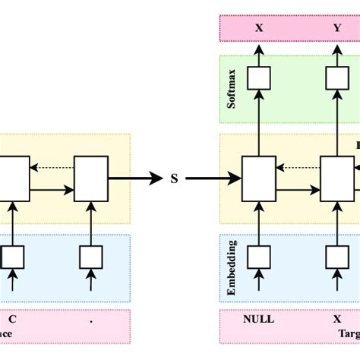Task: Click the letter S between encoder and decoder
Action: point(174,179)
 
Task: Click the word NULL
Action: point(257,320)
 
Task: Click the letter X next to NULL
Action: point(336,320)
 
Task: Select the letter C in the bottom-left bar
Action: point(12,320)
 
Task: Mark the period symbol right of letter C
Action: point(91,320)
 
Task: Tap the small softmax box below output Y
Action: point(336,78)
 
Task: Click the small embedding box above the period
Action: point(91,257)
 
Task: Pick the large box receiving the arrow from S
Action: point(258,179)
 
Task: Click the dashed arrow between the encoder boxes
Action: point(52,167)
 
